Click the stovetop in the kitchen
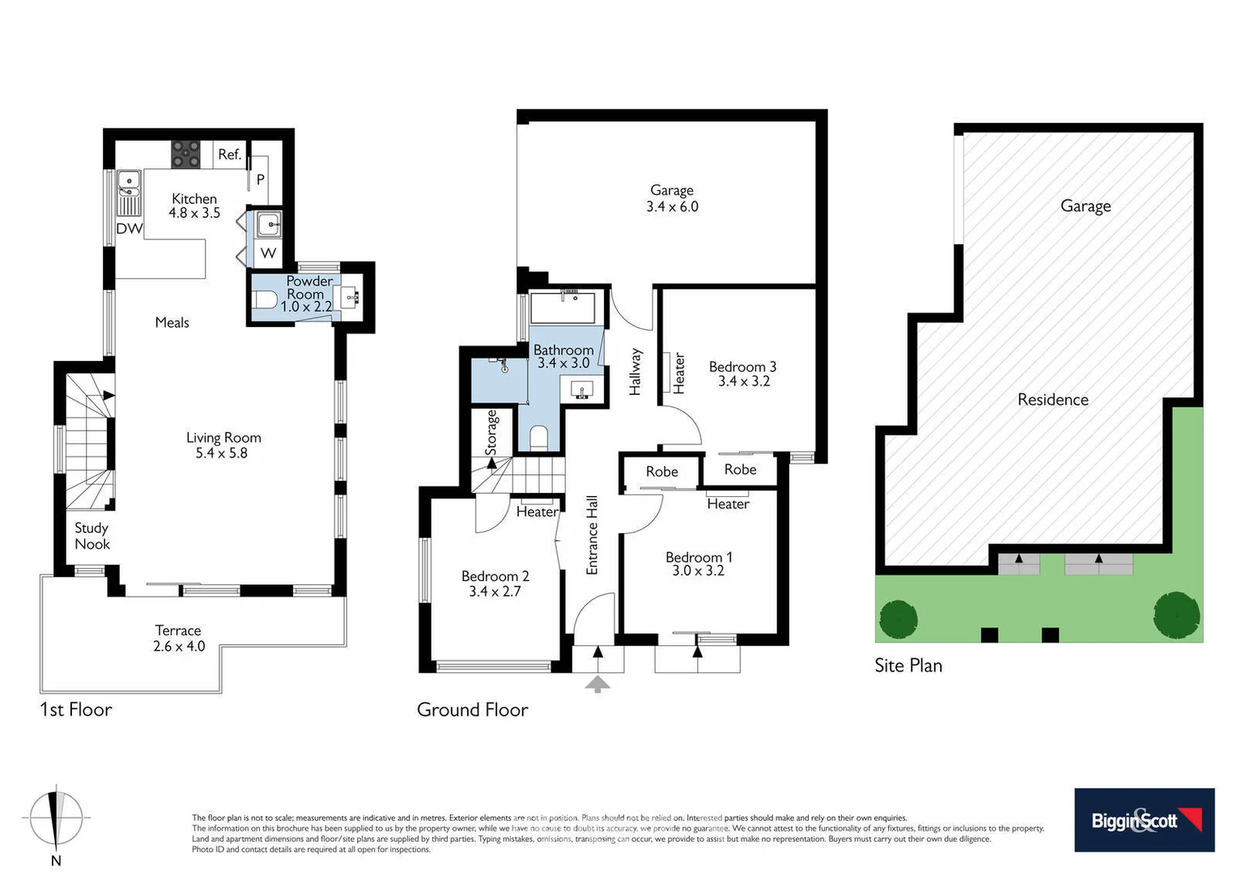pyautogui.click(x=185, y=154)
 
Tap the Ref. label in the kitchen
pyautogui.click(x=229, y=154)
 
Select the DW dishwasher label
pyautogui.click(x=129, y=229)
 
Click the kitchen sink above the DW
pyautogui.click(x=129, y=185)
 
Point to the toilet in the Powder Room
pyautogui.click(x=265, y=300)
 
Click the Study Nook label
pyautogui.click(x=91, y=536)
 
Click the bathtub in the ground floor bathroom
pyautogui.click(x=563, y=308)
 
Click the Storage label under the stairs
pyautogui.click(x=491, y=432)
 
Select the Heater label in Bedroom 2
pyautogui.click(x=537, y=511)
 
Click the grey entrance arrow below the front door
pyautogui.click(x=597, y=685)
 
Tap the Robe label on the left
pyautogui.click(x=661, y=472)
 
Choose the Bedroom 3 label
pyautogui.click(x=742, y=367)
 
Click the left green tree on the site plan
pyautogui.click(x=899, y=620)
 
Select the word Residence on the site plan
pyautogui.click(x=1052, y=399)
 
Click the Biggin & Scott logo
pyautogui.click(x=1144, y=820)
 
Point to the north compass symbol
pyautogui.click(x=56, y=818)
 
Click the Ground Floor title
pyautogui.click(x=472, y=710)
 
